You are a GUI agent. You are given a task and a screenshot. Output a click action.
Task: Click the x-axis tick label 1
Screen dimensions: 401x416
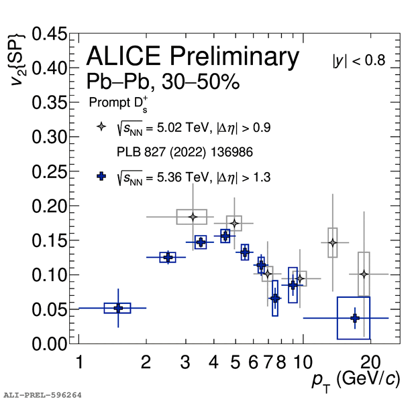(80, 362)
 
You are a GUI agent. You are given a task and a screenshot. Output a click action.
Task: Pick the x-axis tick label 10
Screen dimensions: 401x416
(303, 362)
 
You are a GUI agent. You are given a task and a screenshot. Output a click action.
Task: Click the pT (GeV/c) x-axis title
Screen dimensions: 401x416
(356, 380)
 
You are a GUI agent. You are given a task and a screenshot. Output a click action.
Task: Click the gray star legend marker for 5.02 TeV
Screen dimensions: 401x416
(101, 126)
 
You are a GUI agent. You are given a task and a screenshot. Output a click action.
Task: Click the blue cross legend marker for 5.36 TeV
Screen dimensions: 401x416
(101, 177)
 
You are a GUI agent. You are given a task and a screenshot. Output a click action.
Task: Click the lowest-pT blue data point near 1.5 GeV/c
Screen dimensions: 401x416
(118, 308)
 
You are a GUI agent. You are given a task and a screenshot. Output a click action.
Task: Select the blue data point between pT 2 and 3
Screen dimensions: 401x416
(168, 257)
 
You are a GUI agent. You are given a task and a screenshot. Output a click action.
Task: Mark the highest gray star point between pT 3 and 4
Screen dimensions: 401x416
(193, 217)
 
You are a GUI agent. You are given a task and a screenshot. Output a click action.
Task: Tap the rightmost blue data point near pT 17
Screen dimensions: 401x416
(355, 318)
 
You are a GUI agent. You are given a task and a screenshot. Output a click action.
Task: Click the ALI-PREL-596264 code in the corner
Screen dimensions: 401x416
(42, 395)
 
